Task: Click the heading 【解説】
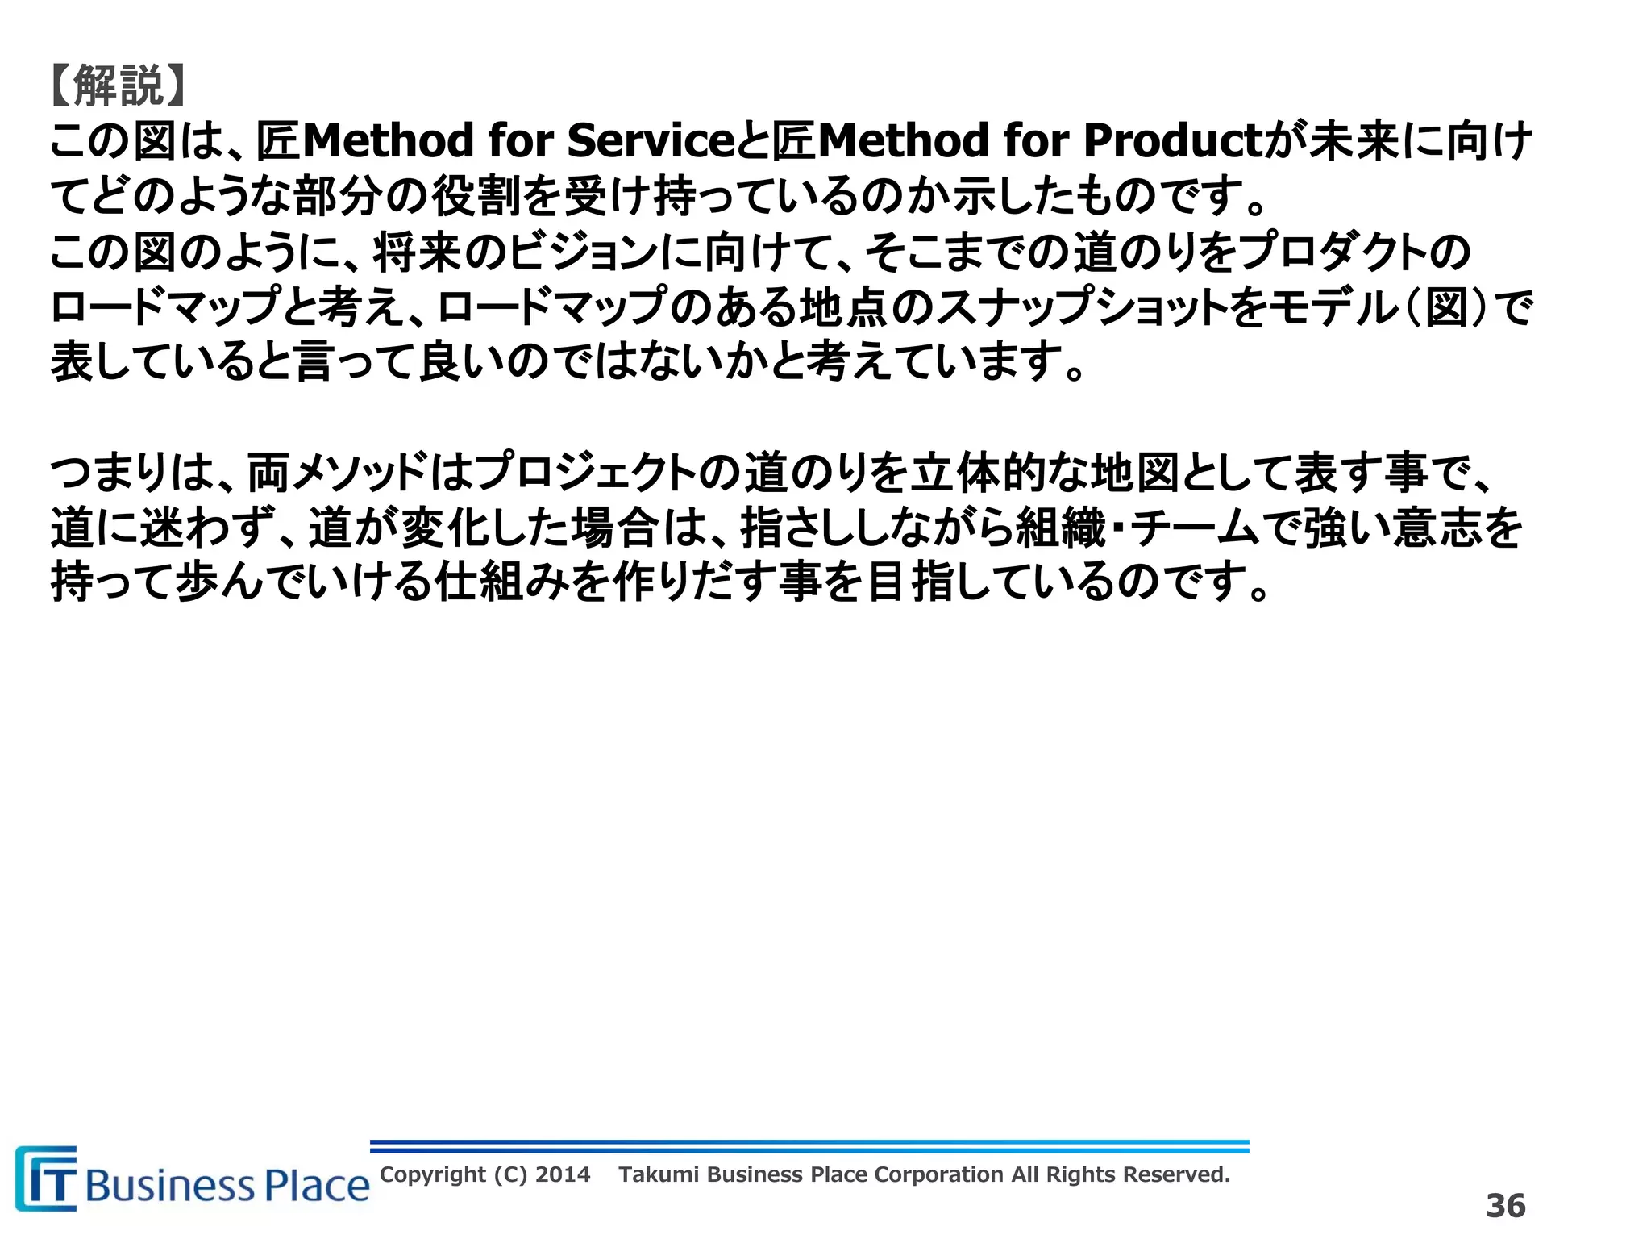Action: click(118, 86)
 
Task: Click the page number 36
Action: click(1505, 1206)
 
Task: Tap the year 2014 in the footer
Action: click(563, 1174)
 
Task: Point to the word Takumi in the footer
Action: click(659, 1174)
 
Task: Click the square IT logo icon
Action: click(47, 1179)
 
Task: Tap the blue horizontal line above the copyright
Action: click(809, 1146)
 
